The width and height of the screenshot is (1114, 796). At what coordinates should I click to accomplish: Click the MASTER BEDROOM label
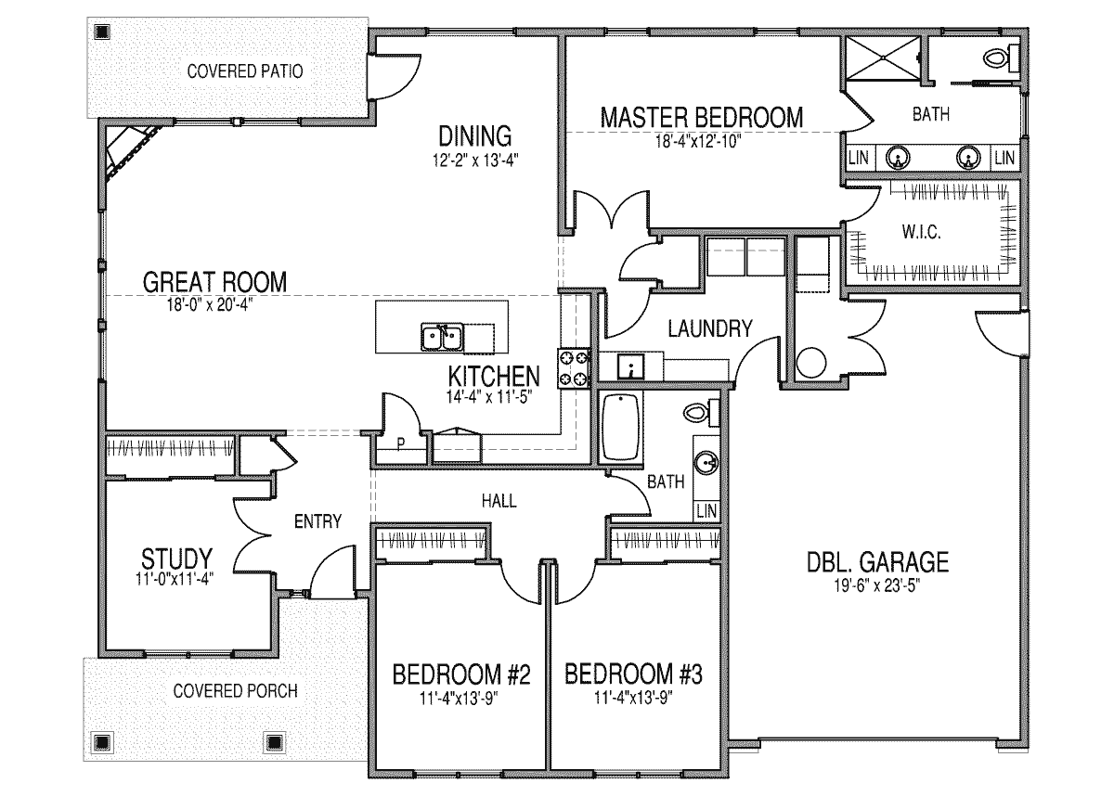[702, 118]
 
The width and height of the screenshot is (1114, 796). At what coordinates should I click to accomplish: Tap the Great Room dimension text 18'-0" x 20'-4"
[210, 304]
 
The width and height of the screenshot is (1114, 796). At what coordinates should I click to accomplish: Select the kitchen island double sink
[442, 338]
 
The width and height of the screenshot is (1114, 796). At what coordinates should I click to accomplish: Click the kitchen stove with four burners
[574, 368]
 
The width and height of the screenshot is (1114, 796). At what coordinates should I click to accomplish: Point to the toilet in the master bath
[1002, 58]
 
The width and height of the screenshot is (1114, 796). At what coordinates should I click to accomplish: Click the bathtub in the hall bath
[621, 428]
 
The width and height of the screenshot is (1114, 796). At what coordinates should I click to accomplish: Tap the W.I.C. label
[921, 232]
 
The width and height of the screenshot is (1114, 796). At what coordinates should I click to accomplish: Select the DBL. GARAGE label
[878, 562]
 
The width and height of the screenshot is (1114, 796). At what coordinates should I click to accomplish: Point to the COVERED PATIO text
[245, 71]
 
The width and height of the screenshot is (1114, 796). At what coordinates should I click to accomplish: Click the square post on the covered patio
[102, 32]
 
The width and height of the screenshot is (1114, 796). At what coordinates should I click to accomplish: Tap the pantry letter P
[401, 443]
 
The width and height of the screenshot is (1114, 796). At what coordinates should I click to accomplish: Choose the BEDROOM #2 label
[461, 674]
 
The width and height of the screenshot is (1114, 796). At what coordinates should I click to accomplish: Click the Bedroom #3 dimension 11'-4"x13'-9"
[633, 698]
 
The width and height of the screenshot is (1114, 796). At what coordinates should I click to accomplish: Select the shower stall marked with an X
[882, 58]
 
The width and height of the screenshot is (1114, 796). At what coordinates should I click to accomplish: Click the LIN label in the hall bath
[706, 511]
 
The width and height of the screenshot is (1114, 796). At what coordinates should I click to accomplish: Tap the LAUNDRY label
[710, 329]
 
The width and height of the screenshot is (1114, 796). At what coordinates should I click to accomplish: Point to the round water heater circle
[811, 362]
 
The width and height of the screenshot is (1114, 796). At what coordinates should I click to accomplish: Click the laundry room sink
[630, 366]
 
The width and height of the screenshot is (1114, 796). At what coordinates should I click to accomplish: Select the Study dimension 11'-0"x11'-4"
[175, 579]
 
